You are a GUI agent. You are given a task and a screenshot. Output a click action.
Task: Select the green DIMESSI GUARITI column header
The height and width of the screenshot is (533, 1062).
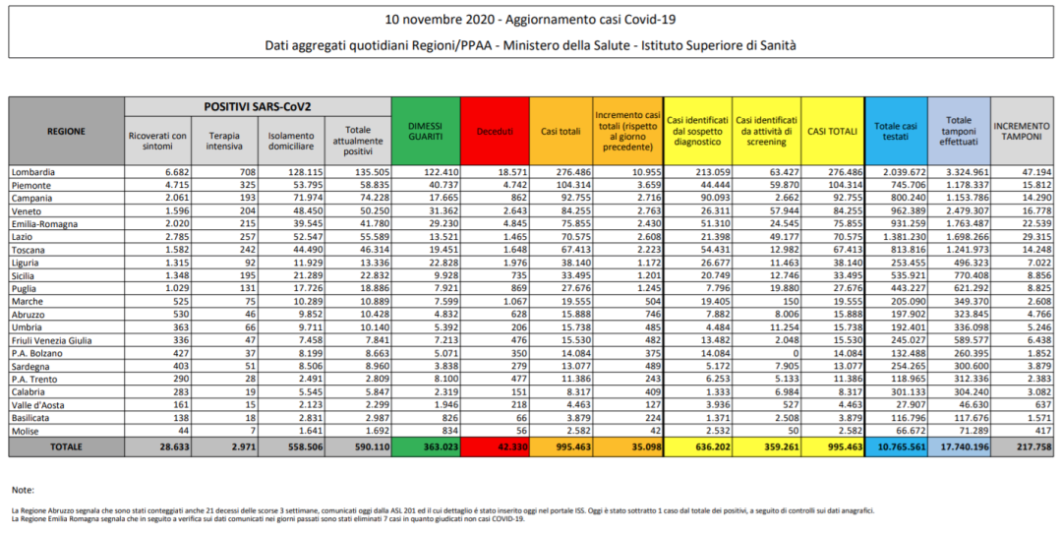(425, 130)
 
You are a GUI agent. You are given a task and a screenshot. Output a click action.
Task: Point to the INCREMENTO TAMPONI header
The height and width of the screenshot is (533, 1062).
(1021, 131)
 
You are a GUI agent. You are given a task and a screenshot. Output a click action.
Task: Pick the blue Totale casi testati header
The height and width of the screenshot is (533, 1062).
(895, 131)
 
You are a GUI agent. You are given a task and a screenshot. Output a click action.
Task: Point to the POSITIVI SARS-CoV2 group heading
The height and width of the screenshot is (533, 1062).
(258, 105)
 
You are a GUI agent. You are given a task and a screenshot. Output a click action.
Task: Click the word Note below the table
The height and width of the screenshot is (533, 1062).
(24, 489)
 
